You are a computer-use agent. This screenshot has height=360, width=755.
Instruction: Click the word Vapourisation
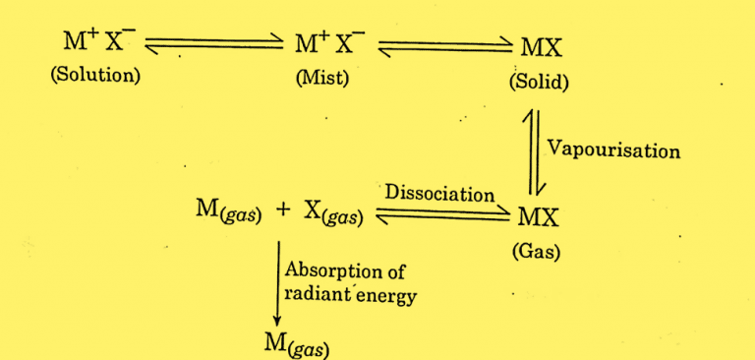[613, 151]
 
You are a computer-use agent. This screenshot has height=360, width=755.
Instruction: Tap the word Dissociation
[439, 194]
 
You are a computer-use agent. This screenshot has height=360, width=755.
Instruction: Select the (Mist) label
[322, 78]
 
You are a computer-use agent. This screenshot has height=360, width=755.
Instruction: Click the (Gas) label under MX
[536, 252]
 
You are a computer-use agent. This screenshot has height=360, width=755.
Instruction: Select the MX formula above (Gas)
[537, 215]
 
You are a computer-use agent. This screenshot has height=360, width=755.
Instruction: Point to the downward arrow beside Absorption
[276, 286]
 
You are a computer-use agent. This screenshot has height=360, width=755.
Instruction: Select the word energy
[388, 295]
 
